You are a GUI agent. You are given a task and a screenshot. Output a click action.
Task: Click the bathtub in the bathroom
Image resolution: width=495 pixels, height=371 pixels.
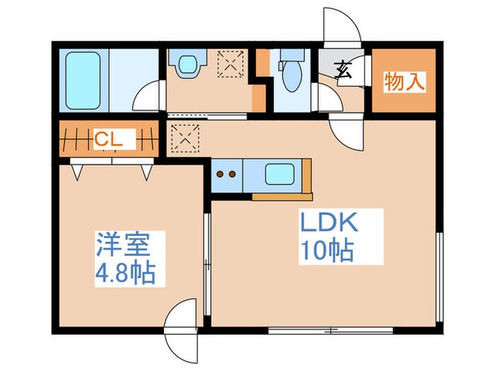83,81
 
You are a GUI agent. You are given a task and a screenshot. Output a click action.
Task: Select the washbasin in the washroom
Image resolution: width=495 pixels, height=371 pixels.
187,66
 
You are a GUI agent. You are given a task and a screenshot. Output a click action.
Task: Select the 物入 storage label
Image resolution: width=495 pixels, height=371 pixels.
404,82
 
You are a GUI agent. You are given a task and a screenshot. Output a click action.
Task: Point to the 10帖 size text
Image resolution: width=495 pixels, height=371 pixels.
326,251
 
